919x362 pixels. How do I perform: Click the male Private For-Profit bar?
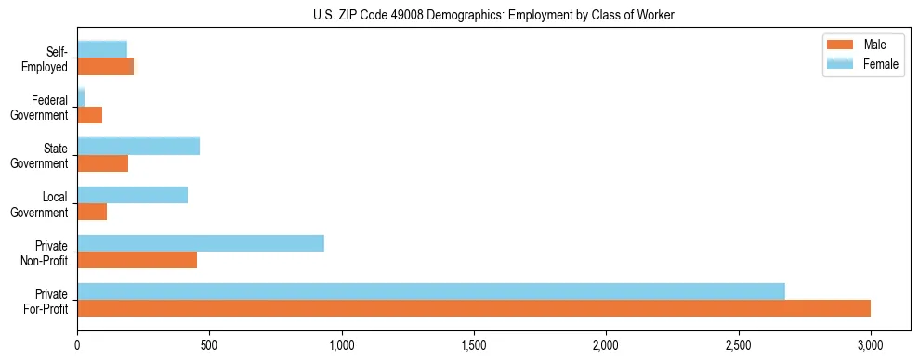(474, 308)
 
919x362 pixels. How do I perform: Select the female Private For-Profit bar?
(431, 291)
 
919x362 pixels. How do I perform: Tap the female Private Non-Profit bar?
(201, 243)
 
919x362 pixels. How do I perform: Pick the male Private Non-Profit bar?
(137, 260)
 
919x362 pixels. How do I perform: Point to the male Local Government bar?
(92, 212)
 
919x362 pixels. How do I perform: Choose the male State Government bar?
(102, 163)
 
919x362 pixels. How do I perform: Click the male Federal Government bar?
(89, 115)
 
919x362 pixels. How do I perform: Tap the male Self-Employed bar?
(105, 67)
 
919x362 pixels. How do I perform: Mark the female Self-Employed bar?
(102, 49)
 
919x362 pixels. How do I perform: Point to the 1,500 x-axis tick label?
(474, 344)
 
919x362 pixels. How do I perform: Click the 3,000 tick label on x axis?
(871, 344)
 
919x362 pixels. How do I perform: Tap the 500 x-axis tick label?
(209, 344)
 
